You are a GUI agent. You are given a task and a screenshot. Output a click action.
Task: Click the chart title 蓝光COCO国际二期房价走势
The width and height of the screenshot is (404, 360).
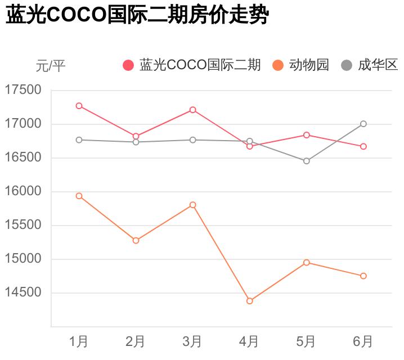[x=137, y=16]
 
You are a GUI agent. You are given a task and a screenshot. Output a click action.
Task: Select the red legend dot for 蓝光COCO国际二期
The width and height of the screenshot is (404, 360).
[x=128, y=65]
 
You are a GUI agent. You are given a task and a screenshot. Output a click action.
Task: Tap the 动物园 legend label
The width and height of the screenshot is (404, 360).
[x=309, y=65]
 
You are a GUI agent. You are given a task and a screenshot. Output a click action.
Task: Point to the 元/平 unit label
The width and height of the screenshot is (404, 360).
[x=51, y=66]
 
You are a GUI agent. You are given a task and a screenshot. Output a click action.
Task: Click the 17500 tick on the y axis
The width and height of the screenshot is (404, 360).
[x=23, y=90]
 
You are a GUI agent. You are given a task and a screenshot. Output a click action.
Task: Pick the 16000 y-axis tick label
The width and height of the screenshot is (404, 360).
[x=23, y=191]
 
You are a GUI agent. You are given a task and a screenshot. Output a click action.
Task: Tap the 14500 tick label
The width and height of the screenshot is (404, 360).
[x=23, y=292]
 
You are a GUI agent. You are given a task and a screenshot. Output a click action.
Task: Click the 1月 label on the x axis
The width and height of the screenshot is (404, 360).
[x=79, y=341]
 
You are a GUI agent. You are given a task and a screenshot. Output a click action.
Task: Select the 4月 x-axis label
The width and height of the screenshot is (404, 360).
[x=249, y=341]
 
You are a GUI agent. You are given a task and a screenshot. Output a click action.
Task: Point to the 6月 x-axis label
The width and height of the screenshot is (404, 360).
[x=363, y=341]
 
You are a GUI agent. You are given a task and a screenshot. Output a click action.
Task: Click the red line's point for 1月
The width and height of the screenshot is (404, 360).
[x=79, y=106]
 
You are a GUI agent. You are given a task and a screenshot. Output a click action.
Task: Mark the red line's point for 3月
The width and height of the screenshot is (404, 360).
[x=193, y=110]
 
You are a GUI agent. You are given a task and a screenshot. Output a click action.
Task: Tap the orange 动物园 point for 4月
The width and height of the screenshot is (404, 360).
[x=250, y=301]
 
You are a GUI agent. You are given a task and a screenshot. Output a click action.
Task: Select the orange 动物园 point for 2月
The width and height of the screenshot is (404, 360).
[x=136, y=240]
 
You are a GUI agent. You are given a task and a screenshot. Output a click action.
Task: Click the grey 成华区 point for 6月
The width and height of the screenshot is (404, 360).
[x=363, y=124]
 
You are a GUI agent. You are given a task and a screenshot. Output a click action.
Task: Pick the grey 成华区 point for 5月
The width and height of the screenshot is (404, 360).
[x=307, y=161]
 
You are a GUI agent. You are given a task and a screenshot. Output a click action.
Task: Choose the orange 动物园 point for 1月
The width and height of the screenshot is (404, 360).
[x=79, y=196]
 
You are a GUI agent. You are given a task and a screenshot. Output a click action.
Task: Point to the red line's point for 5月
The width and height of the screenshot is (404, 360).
[x=307, y=135]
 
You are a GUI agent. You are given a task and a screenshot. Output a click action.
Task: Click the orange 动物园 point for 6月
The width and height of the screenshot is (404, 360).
[x=363, y=276]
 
